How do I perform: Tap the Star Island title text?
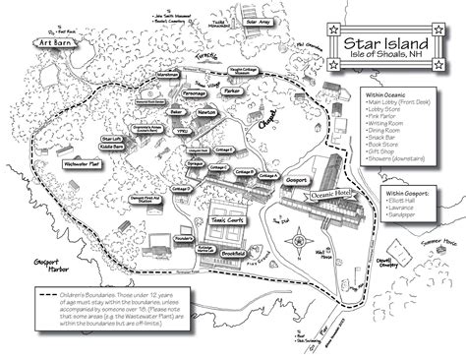pyautogui.click(x=385, y=44)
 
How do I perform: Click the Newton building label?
pyautogui.click(x=206, y=114)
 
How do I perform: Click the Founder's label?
pyautogui.click(x=155, y=237)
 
